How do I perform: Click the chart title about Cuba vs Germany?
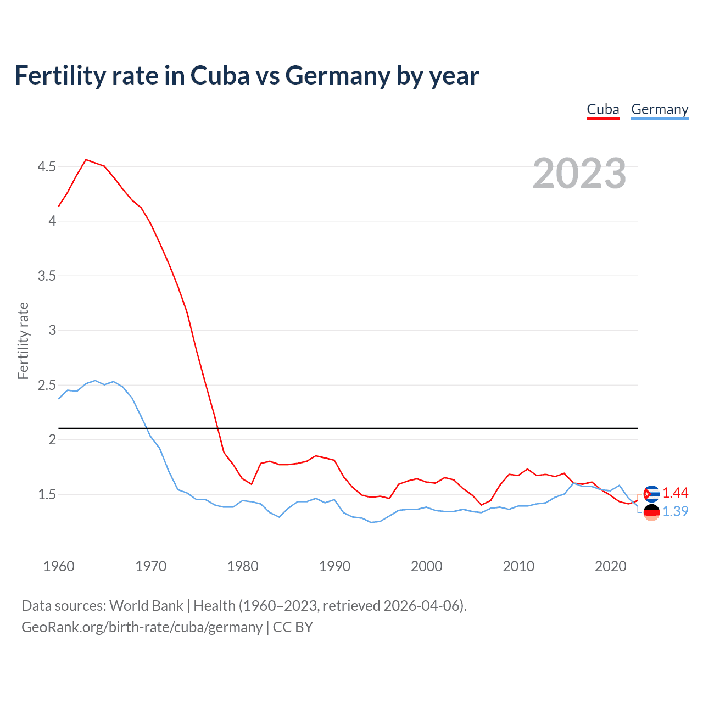[247, 75]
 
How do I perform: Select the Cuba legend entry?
[602, 109]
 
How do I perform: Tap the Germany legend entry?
[659, 109]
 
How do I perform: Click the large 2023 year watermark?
[579, 174]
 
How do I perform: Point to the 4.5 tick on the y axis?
[47, 166]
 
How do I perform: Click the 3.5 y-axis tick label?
[47, 276]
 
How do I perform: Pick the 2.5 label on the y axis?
[47, 385]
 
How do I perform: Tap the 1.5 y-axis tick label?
[47, 494]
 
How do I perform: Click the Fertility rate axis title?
[23, 341]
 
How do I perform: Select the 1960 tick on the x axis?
[59, 566]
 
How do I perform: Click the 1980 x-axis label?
[243, 566]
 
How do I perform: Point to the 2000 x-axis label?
[426, 566]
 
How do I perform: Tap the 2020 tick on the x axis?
[610, 566]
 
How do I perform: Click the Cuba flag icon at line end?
[651, 494]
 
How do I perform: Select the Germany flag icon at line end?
[651, 512]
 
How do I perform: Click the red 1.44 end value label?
[675, 493]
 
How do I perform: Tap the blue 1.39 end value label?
[675, 511]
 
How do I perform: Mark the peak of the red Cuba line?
[86, 160]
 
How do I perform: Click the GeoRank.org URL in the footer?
[142, 627]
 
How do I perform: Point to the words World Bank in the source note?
[146, 606]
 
